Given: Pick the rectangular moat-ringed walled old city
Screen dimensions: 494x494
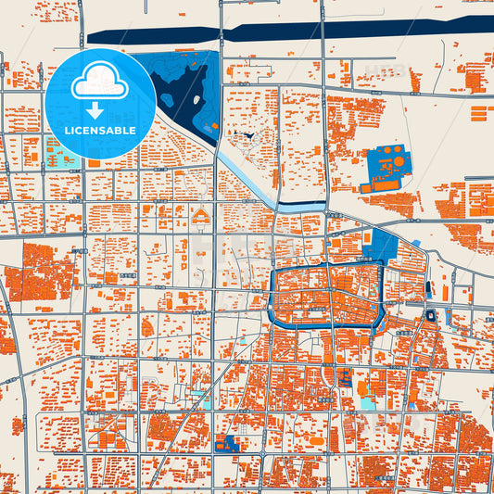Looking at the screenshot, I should click(x=324, y=295).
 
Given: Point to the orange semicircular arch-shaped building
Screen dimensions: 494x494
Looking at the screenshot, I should click(x=201, y=219).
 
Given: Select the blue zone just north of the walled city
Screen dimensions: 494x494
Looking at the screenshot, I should click(x=381, y=247).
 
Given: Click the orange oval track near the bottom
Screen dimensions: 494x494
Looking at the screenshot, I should click(x=326, y=375).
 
